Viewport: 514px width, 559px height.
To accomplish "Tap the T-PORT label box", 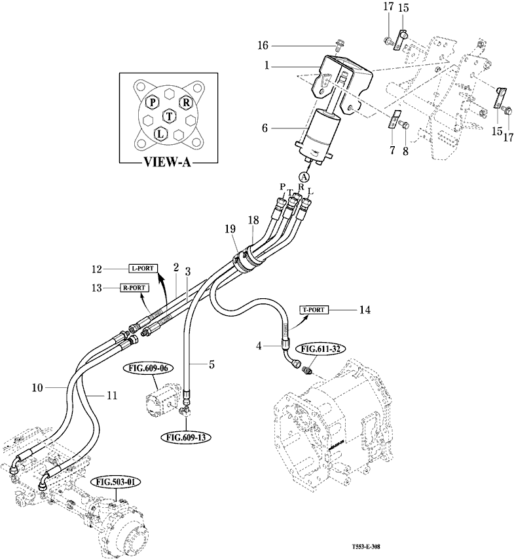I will click(316, 309).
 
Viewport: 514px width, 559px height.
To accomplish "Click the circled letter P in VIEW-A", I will click(152, 102).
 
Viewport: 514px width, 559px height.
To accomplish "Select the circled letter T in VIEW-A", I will click(170, 116).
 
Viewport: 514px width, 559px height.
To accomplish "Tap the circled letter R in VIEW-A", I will click(186, 102).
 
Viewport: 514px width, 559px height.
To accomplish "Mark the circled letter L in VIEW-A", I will click(158, 134).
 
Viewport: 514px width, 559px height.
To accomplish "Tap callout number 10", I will click(38, 388).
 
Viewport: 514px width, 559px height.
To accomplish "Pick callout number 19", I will click(230, 229).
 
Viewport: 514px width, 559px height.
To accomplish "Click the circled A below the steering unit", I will click(304, 176).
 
